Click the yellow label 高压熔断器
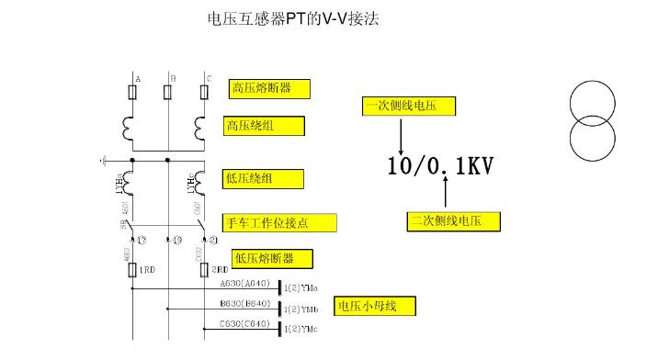269,88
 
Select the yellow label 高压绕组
263,126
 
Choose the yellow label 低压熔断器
271,258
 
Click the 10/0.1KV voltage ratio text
440,167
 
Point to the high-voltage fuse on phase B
169,93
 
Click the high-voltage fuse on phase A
134,93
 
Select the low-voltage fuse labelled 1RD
133,270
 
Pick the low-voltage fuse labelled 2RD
204,270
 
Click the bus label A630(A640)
244,284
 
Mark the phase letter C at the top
209,78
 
